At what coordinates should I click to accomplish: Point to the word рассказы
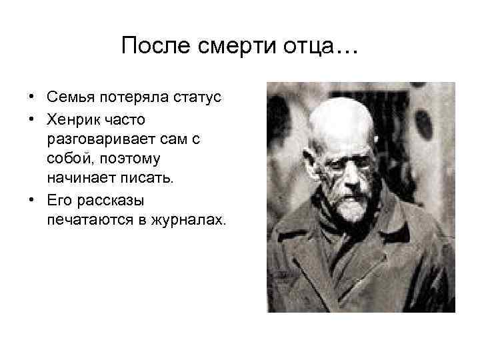(106, 199)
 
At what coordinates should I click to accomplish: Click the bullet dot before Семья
(31, 98)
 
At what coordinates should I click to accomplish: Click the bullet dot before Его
(31, 200)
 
